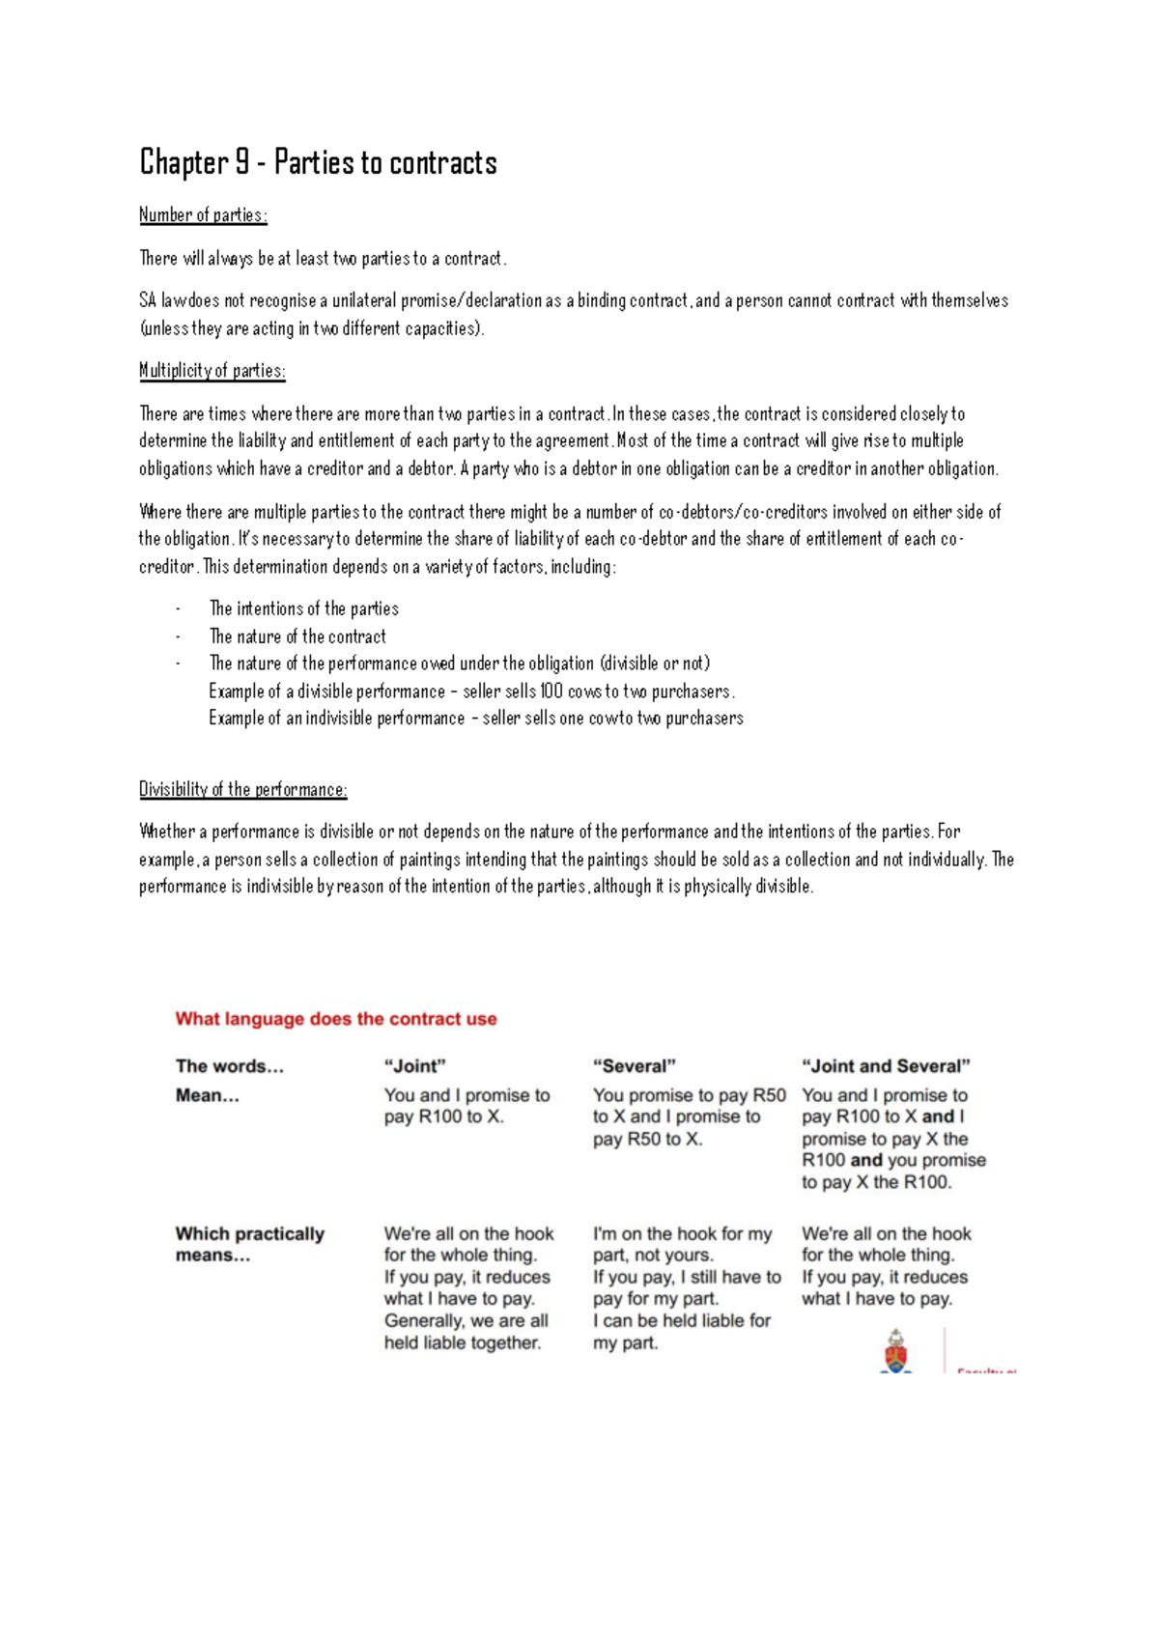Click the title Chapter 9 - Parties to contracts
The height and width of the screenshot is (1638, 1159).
pos(318,162)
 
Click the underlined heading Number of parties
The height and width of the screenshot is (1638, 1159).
pos(203,215)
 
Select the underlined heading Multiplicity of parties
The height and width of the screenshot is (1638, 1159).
pos(212,371)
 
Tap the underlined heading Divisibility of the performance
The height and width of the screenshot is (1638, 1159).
pos(242,789)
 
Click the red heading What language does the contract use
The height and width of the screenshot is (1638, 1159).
pos(336,1019)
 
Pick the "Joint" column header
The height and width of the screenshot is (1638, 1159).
pos(415,1066)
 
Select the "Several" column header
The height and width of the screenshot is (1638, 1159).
pos(634,1066)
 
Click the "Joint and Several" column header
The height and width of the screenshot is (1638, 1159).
pos(886,1066)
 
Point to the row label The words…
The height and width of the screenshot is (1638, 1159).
pos(230,1066)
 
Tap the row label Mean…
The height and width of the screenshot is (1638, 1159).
pos(207,1095)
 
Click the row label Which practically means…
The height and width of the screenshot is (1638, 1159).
pos(249,1244)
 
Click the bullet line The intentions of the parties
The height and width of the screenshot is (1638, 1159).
pos(303,609)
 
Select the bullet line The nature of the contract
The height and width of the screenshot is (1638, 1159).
pos(297,637)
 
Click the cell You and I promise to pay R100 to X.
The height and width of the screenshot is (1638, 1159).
pos(466,1106)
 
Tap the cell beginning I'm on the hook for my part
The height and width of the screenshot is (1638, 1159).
pos(686,1287)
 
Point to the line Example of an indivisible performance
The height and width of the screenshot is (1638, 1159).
pos(475,719)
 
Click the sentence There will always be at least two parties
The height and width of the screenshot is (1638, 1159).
pos(323,259)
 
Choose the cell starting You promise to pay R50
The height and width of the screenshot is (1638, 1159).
pos(688,1116)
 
